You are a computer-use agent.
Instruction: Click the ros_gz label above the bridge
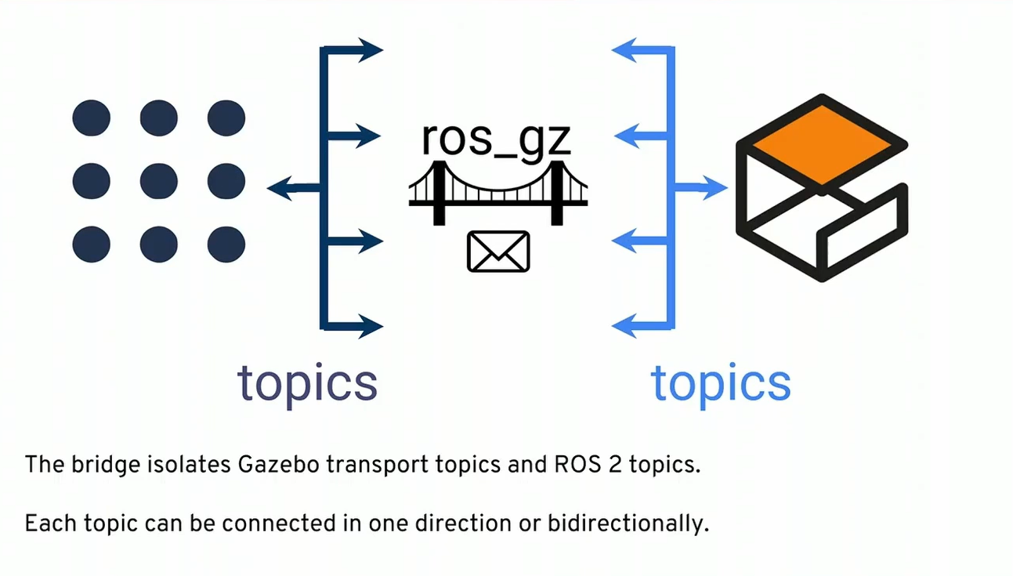(497, 139)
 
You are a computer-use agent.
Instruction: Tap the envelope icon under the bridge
(498, 252)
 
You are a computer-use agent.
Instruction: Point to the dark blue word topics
(307, 382)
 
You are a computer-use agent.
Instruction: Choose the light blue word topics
(721, 382)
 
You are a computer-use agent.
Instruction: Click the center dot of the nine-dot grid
(158, 182)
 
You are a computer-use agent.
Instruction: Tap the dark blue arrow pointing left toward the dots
(282, 188)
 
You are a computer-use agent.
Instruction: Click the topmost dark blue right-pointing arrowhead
(371, 51)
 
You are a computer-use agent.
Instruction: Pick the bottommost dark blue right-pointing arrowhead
(371, 324)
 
